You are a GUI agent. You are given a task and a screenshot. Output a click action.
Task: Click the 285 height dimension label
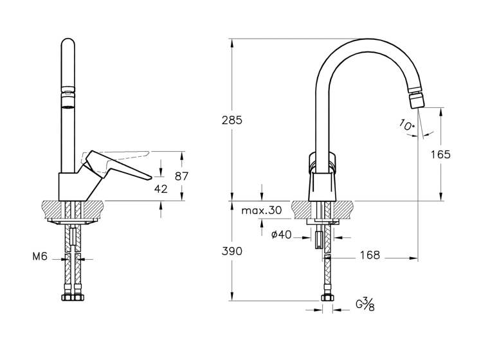point(232,120)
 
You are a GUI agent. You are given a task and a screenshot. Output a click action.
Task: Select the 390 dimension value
point(232,251)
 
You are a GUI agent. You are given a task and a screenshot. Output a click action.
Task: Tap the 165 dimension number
point(440,154)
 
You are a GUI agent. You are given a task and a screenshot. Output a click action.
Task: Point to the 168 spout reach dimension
point(370,255)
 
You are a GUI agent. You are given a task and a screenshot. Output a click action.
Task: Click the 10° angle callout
point(407,125)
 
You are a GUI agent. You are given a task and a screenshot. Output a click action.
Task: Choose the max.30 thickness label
point(262,210)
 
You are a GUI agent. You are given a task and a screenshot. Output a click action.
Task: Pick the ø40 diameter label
point(281,235)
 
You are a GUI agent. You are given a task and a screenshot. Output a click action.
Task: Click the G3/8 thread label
point(365,304)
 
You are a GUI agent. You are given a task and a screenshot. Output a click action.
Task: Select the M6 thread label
point(40,256)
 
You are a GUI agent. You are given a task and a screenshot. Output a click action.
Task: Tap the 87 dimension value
point(182,176)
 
